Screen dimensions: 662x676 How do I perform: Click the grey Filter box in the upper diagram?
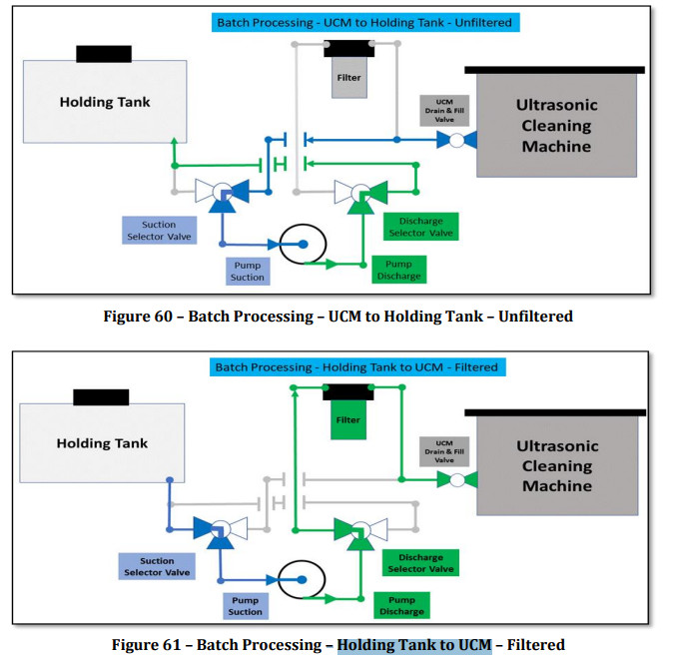[x=348, y=77]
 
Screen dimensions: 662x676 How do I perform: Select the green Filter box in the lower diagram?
[x=348, y=419]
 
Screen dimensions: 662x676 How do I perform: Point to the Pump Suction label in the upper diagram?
[x=247, y=271]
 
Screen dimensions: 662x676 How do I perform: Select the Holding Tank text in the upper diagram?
[x=104, y=102]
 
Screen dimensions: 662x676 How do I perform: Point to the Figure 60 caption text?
[x=338, y=316]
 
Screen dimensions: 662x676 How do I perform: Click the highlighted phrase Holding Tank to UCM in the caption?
[x=414, y=645]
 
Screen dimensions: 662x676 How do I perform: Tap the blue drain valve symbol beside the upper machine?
[x=455, y=140]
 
